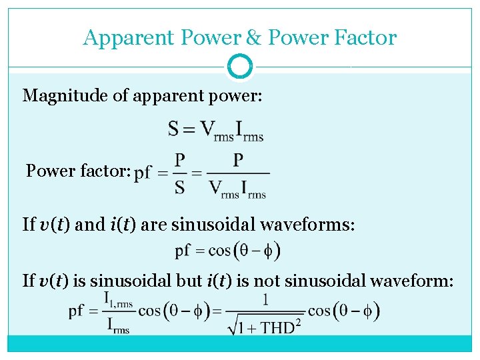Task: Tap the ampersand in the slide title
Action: (x=254, y=37)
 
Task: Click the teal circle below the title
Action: (x=240, y=67)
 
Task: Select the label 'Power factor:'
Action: (x=78, y=171)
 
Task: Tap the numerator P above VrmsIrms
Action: (x=238, y=160)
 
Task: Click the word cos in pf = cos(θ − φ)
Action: (x=219, y=251)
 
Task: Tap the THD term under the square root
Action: (x=278, y=327)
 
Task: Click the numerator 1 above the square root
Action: (x=266, y=300)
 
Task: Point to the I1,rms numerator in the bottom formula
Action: (x=118, y=301)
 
